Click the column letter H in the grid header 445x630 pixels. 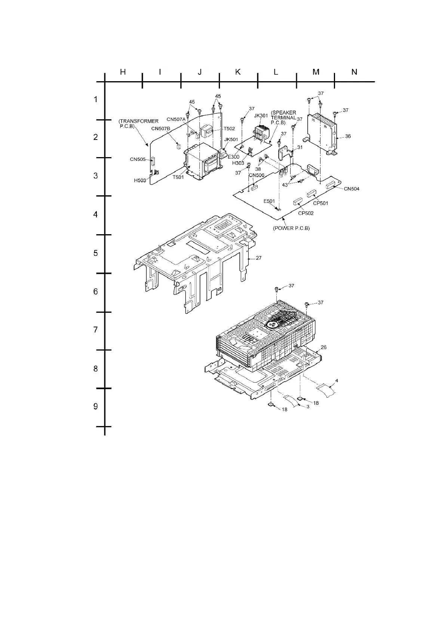tap(123, 72)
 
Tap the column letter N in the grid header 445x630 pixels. tap(354, 72)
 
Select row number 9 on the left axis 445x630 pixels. tap(96, 406)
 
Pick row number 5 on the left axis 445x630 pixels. tap(96, 253)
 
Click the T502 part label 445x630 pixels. tap(229, 129)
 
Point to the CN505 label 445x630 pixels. tap(138, 159)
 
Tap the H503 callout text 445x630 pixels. tap(140, 180)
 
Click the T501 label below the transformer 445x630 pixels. tap(178, 177)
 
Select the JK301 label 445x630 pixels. tap(261, 116)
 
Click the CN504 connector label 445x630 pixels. tap(352, 189)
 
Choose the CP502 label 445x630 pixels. tap(306, 213)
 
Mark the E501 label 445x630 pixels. tap(269, 201)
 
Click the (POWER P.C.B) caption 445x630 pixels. tap(291, 228)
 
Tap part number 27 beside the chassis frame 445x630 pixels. tap(258, 258)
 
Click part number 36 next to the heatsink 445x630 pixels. tap(348, 137)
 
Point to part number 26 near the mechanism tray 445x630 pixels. tap(323, 348)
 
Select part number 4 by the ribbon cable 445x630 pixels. tap(337, 381)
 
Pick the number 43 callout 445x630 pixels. tap(285, 185)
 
